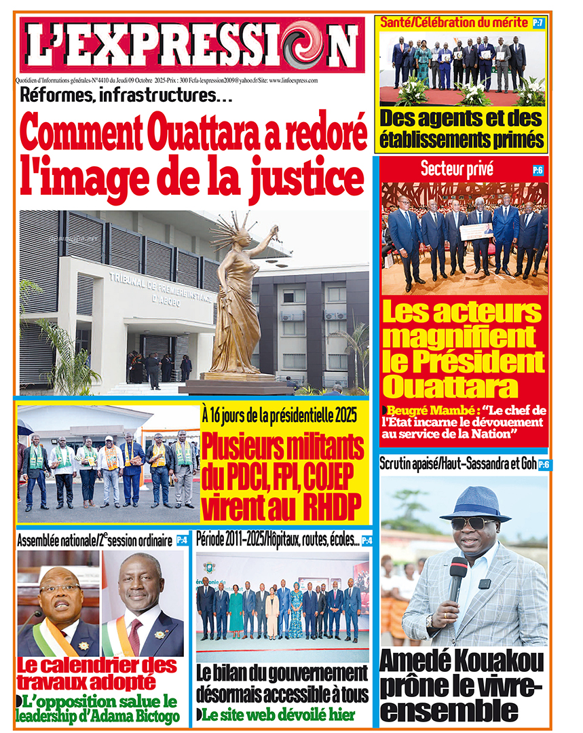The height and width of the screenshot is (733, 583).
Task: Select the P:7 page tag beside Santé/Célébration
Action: pos(538,23)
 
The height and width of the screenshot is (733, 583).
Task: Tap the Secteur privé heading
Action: pos(447,170)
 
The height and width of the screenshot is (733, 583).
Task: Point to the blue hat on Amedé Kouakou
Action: pos(474,502)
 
